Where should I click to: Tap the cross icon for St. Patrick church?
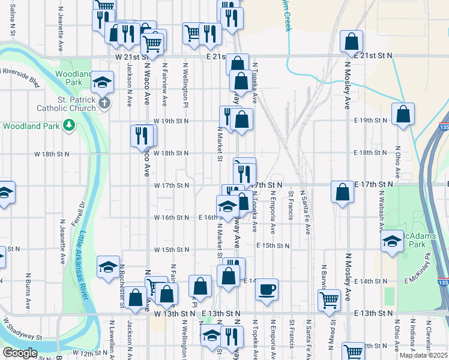104,103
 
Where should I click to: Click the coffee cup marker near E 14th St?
267,289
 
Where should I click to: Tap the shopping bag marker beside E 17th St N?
342,193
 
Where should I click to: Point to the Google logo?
19,353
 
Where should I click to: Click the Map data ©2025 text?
423,355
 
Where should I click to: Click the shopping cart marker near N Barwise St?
328,299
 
